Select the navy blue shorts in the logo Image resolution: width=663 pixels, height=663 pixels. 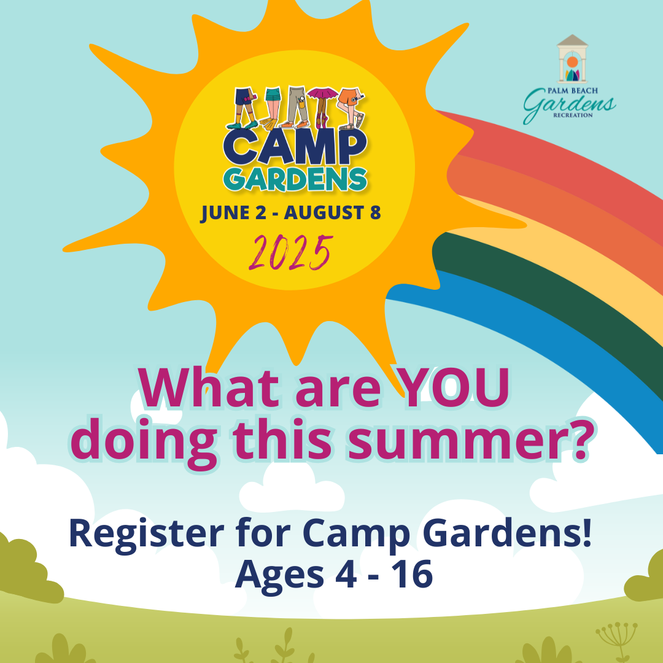tap(244, 97)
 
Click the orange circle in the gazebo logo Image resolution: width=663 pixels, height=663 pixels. tap(572, 61)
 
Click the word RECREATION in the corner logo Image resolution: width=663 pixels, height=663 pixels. tap(572, 115)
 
